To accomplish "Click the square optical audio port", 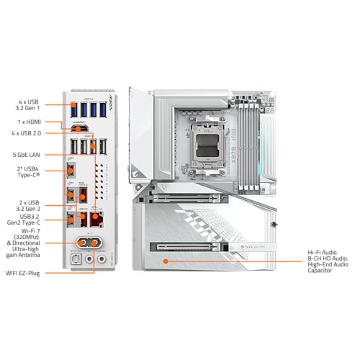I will click(75, 257).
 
